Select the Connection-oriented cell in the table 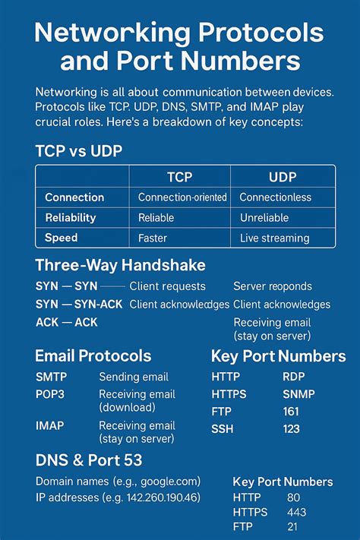coord(182,197)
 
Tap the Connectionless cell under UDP coord(274,197)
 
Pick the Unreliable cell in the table coord(264,218)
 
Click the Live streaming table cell coord(274,238)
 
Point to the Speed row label coord(62,238)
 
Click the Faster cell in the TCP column coord(153,238)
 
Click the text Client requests coord(167,286)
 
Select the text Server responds coord(272,286)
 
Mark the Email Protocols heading coord(93,355)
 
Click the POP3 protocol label coord(51,394)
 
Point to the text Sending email coord(134,377)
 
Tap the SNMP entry coord(298,394)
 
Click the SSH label coord(223,429)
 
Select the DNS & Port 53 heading coord(89,459)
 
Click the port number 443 coord(296,512)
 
